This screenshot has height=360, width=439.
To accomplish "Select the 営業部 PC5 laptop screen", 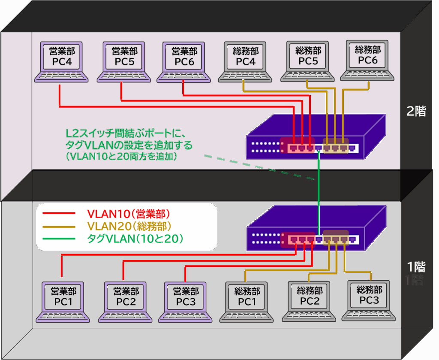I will [x=124, y=57].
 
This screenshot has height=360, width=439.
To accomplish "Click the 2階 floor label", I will [x=416, y=112].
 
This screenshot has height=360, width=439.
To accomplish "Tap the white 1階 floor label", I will [x=416, y=267].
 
